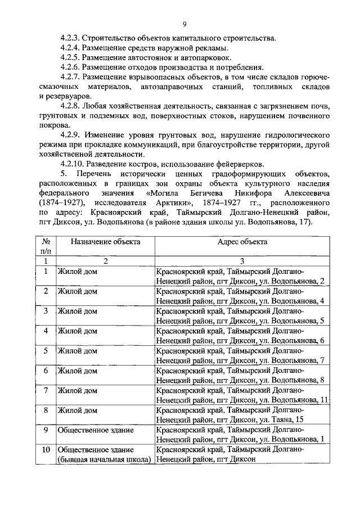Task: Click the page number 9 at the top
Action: (x=184, y=24)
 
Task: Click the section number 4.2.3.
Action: (x=71, y=38)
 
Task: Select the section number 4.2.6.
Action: (x=71, y=67)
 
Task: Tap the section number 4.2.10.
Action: (x=73, y=164)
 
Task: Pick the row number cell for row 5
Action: (x=46, y=350)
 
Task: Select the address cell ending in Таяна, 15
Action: (x=231, y=415)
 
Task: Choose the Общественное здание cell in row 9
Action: (x=96, y=430)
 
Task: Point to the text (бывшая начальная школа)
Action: (x=105, y=460)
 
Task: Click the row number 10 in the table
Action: (x=46, y=450)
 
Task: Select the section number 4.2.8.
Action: (x=71, y=106)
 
